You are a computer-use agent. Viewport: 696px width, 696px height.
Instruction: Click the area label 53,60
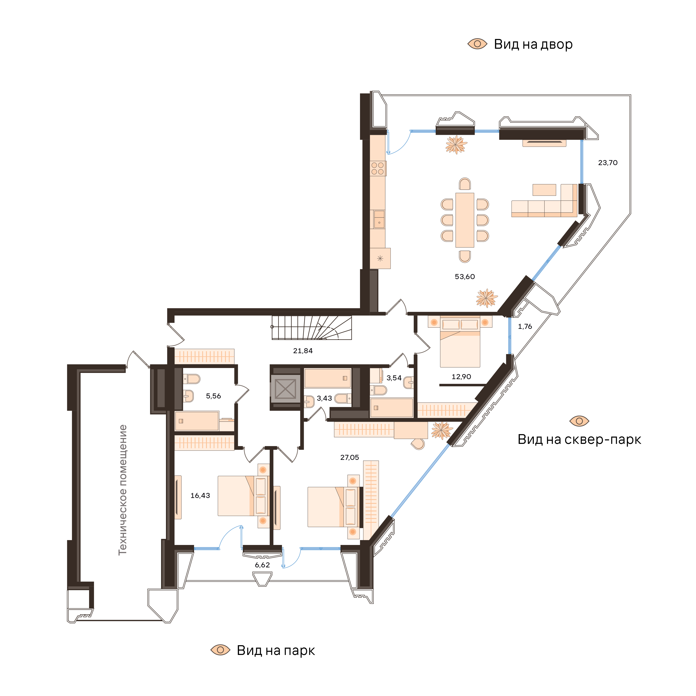point(465,277)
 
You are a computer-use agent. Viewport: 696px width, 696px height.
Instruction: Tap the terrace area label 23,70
point(608,163)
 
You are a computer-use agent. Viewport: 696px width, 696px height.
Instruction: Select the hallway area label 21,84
point(303,351)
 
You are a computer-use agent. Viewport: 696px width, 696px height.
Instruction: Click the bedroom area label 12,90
point(461,377)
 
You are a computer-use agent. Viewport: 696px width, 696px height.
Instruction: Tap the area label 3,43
point(324,398)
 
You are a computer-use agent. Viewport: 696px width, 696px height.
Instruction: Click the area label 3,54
point(394,378)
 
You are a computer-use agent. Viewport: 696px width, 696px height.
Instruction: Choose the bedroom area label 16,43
point(200,496)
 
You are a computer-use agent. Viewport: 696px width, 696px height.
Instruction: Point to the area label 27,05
point(350,457)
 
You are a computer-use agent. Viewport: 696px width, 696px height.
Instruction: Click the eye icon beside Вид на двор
point(477,44)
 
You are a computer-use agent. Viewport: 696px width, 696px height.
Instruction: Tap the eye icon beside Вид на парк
point(220,650)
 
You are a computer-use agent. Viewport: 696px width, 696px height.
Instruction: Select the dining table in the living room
point(465,220)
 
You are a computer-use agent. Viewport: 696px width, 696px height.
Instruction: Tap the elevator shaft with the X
point(285,389)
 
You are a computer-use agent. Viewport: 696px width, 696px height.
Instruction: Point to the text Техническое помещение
point(123,490)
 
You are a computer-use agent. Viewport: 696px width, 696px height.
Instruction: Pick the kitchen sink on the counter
point(379,219)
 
